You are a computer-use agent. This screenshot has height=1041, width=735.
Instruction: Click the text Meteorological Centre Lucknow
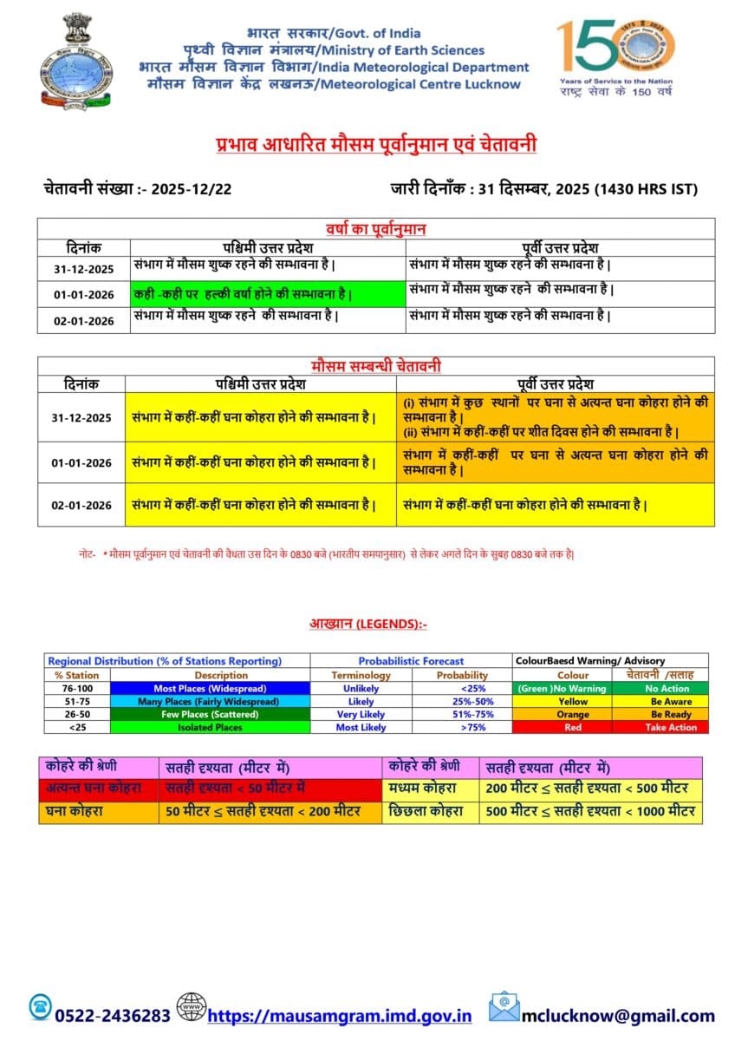(420, 84)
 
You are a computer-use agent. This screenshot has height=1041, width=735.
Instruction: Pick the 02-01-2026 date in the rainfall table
(83, 320)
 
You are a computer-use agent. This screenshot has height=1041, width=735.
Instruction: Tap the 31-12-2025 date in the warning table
(81, 417)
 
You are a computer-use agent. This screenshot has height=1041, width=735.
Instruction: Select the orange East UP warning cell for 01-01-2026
(556, 462)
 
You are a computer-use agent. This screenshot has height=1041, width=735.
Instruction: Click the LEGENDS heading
(367, 624)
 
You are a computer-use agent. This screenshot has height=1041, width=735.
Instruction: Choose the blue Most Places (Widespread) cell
(210, 688)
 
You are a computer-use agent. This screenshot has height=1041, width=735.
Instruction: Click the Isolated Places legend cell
(210, 727)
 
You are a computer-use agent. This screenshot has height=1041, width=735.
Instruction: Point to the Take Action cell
(670, 727)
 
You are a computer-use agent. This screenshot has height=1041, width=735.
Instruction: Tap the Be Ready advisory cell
(670, 714)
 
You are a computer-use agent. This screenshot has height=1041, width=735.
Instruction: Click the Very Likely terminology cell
(360, 714)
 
